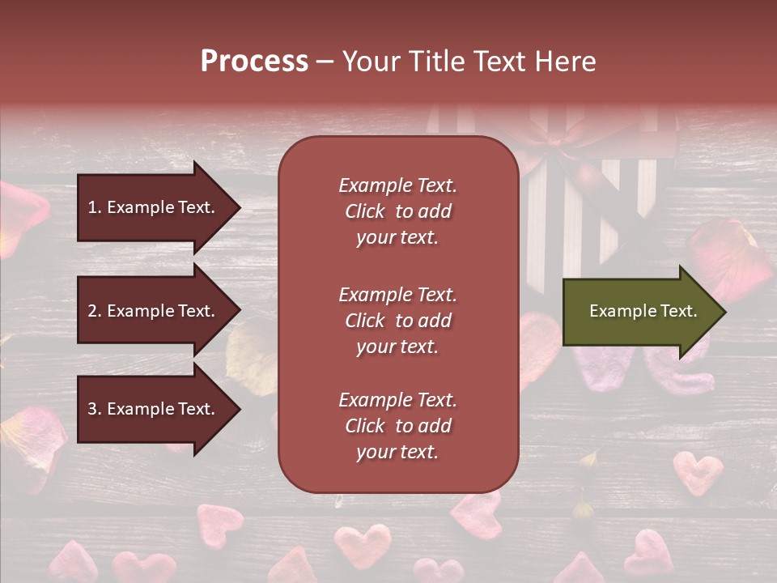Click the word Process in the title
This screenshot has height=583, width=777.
tap(254, 62)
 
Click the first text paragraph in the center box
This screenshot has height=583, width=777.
tap(397, 211)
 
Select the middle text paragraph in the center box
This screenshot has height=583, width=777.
tap(397, 321)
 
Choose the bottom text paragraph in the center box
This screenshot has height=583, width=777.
tap(397, 426)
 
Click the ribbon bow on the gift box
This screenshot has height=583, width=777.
tap(558, 146)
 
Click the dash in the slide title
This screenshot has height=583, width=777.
tap(325, 62)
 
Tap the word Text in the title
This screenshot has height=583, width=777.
tap(503, 62)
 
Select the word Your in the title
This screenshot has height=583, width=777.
tap(369, 62)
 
